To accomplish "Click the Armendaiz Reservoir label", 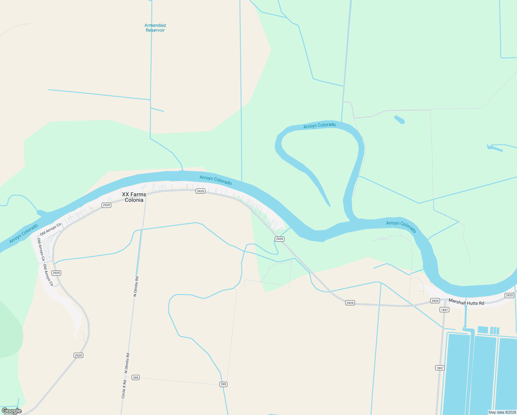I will click(155, 28).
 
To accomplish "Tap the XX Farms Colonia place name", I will click(134, 197).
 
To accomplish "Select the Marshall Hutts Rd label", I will click(466, 302).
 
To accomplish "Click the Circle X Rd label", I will click(124, 389).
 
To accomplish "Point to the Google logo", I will click(11, 411).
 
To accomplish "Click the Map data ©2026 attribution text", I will click(502, 412).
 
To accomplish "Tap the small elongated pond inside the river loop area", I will click(399, 120).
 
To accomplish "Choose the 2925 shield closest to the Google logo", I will click(78, 355).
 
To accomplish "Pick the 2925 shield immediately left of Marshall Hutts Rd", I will click(435, 301).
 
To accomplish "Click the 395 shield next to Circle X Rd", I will click(136, 378).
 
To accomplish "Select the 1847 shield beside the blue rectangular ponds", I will click(440, 368).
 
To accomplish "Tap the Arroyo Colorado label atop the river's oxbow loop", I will click(320, 126).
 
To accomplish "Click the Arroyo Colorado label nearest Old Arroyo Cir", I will click(24, 233).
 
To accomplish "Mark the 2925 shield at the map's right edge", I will click(509, 295).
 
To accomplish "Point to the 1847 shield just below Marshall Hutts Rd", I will click(444, 310).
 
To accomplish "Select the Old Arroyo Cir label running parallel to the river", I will click(50, 229).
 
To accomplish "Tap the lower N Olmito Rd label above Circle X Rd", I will click(127, 362).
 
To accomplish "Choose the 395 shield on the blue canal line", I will click(223, 384).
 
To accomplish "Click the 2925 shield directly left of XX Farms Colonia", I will click(106, 205).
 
